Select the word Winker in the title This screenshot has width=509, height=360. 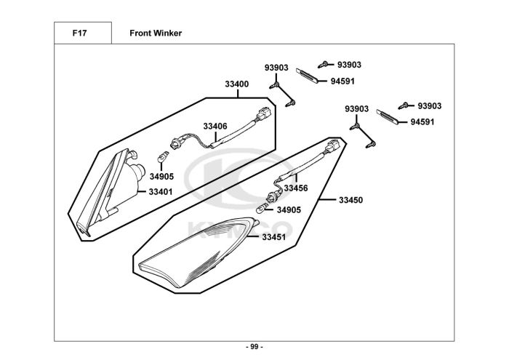pos(167,33)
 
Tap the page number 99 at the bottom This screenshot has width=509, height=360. pos(254,347)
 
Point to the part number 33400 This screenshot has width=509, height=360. pos(237,84)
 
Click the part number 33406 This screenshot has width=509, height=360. pos(215,126)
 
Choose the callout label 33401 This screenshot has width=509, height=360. pos(161,192)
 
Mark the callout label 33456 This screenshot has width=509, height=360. pos(296,188)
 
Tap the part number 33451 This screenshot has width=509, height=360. pos(274,236)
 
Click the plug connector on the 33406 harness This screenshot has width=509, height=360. pos(264,115)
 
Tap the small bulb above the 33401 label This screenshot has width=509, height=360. pos(164,156)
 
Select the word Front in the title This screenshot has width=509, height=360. pos(140,33)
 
